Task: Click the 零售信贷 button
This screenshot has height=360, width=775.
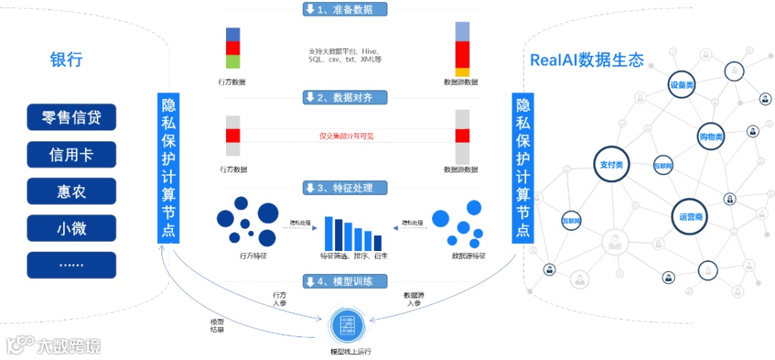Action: (71, 118)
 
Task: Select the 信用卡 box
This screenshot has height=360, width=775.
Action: (71, 154)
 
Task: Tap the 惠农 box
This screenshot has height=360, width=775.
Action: (71, 191)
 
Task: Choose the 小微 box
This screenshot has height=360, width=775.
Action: (71, 228)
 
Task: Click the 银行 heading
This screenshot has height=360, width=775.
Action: (66, 60)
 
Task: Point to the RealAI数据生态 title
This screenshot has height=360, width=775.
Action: (586, 60)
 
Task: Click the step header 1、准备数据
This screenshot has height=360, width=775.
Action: (345, 9)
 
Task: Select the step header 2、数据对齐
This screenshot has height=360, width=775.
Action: (345, 97)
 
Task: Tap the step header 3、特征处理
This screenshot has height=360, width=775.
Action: (345, 188)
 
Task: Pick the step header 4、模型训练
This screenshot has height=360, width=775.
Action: (345, 281)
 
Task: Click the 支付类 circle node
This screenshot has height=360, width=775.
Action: (611, 165)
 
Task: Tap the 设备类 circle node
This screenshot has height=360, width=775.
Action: (682, 85)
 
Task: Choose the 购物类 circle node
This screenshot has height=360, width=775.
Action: (710, 136)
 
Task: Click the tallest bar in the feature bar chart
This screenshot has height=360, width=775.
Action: (329, 232)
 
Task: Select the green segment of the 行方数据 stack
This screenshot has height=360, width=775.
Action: (232, 62)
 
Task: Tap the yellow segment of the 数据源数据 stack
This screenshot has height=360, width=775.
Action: (462, 72)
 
